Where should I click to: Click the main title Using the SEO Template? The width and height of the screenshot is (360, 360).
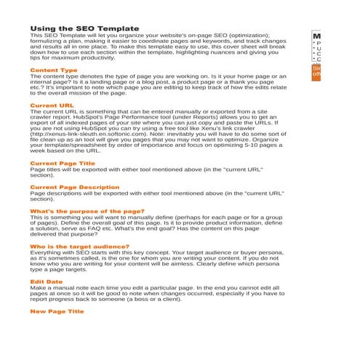click(84, 28)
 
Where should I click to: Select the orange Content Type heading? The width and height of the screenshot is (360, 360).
click(53, 70)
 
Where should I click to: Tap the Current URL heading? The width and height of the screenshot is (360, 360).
click(52, 105)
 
